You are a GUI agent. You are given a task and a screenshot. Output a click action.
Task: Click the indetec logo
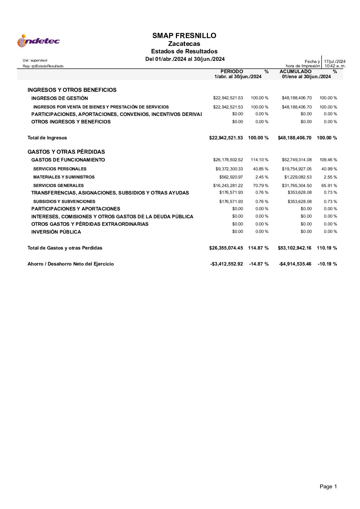pyautogui.click(x=38, y=41)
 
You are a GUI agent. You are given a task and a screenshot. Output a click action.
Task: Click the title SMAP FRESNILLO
pyautogui.click(x=184, y=36)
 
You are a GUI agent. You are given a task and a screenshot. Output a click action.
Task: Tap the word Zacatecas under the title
pyautogui.click(x=184, y=44)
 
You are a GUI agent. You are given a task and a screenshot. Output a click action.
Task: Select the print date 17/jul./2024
pyautogui.click(x=334, y=62)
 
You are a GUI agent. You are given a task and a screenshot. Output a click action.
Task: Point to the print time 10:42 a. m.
pyautogui.click(x=334, y=66)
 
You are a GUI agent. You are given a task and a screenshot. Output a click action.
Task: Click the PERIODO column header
pyautogui.click(x=232, y=71)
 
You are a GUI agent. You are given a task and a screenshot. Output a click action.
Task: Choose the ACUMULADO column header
pyautogui.click(x=295, y=71)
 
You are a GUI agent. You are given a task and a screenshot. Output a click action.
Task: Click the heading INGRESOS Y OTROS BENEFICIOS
pyautogui.click(x=72, y=90)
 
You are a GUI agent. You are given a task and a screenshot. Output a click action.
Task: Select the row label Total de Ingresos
pyautogui.click(x=47, y=138)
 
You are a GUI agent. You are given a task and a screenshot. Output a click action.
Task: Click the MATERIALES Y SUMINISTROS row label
pyautogui.click(x=64, y=177)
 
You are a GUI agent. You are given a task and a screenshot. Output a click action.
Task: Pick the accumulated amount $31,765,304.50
pyautogui.click(x=297, y=186)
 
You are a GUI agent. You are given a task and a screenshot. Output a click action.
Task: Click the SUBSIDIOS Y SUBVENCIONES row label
pyautogui.click(x=64, y=202)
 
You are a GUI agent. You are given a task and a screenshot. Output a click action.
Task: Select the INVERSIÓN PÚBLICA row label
pyautogui.click(x=56, y=232)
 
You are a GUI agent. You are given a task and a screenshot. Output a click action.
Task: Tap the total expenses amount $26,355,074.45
pyautogui.click(x=226, y=248)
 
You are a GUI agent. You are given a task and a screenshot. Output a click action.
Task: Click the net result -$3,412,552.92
pyautogui.click(x=227, y=264)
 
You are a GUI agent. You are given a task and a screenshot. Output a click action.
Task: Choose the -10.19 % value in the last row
pyautogui.click(x=327, y=264)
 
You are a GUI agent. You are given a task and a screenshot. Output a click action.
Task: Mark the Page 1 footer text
pyautogui.click(x=328, y=487)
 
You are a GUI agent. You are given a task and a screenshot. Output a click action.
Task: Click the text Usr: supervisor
pyautogui.click(x=35, y=61)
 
